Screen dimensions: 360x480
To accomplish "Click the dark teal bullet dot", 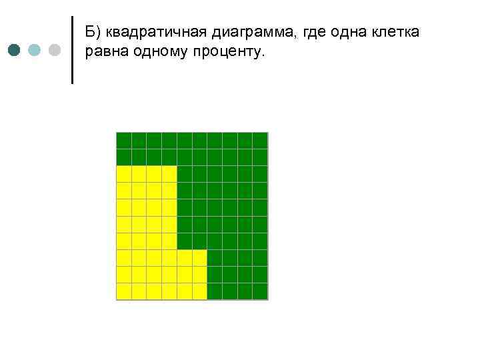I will tap(15, 50).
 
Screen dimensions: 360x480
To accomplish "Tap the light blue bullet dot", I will tap(35, 50).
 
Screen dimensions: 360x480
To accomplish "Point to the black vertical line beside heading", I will tap(72, 50).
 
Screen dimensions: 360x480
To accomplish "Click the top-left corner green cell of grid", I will tap(124, 140).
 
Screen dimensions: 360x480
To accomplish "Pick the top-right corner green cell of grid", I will tap(260, 140).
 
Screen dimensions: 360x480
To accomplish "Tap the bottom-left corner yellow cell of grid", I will tap(124, 291).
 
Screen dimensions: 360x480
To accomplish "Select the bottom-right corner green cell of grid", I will tap(260, 291).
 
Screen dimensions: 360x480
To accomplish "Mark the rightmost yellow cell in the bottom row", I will tap(199, 291).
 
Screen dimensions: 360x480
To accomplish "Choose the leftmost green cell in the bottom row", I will tap(215, 291).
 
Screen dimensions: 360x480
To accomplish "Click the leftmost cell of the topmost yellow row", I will tap(124, 174).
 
